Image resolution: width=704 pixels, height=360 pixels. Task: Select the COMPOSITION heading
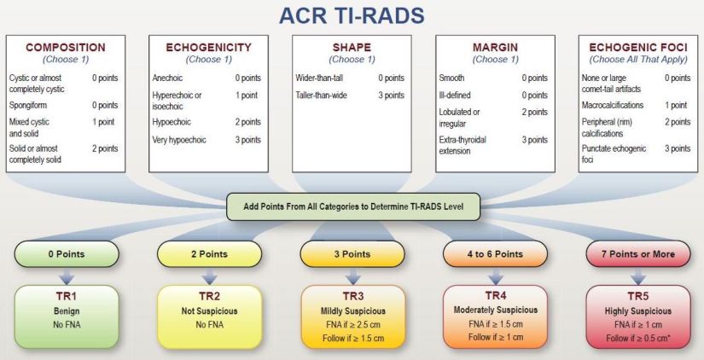point(66,47)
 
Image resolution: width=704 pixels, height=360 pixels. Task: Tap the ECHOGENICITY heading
point(209,47)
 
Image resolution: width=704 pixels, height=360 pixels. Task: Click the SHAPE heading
point(352,47)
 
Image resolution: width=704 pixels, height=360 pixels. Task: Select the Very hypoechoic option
point(181,139)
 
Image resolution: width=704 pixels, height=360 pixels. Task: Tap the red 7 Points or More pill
point(636,254)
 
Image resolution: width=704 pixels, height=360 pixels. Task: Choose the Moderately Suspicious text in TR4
point(494,311)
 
